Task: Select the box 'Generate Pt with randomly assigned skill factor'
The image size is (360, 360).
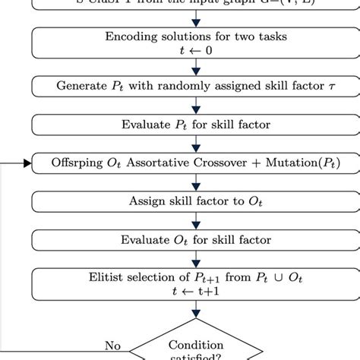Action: coord(196,86)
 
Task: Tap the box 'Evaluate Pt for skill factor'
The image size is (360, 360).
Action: coord(196,125)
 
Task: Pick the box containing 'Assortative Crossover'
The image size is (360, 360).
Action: coord(196,163)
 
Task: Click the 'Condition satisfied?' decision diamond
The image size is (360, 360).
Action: coord(196,348)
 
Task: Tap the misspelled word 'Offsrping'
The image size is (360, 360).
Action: coord(79,163)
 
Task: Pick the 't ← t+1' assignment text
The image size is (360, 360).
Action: coord(196,292)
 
